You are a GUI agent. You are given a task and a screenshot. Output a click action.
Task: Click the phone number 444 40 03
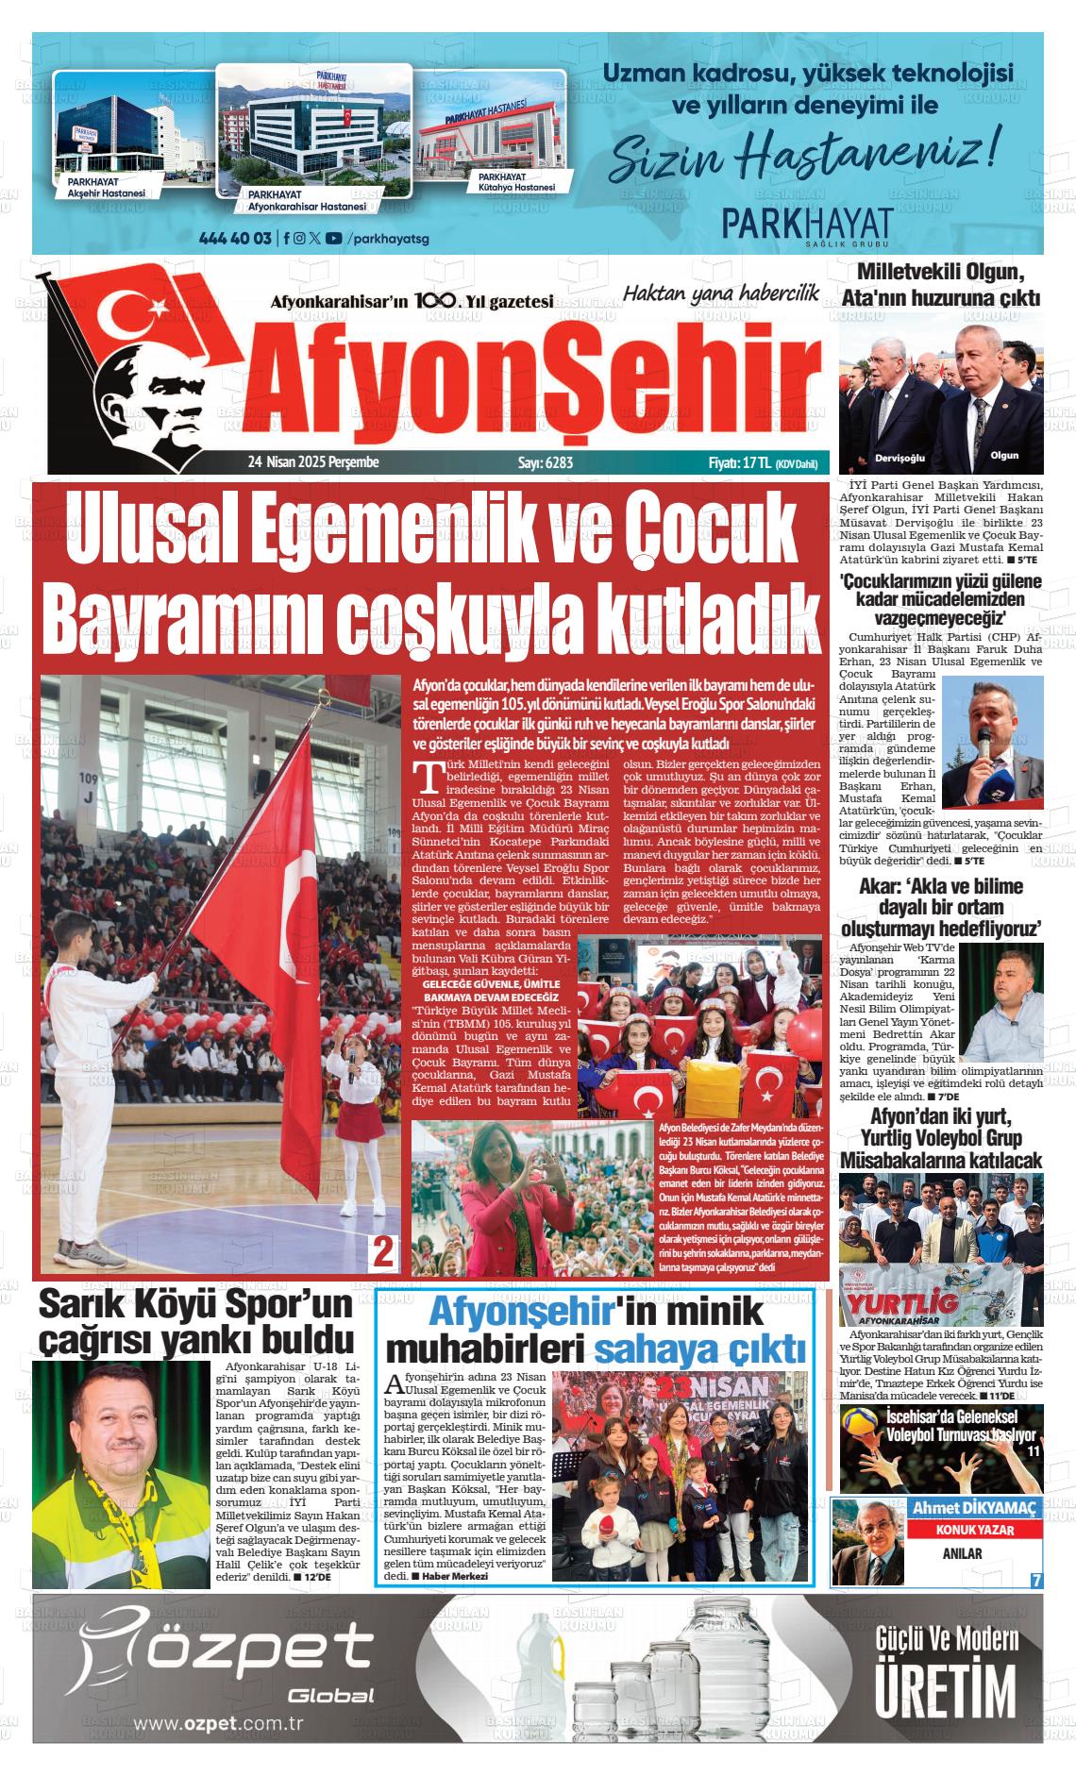[236, 238]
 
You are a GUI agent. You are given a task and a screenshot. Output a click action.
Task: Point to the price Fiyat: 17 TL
[740, 462]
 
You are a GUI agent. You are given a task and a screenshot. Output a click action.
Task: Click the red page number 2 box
[383, 1251]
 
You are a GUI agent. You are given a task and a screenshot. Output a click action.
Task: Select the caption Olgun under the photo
[1004, 455]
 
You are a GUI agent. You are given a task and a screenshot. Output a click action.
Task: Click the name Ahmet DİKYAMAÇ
[974, 1508]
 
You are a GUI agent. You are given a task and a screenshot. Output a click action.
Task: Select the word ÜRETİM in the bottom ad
[947, 1695]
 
